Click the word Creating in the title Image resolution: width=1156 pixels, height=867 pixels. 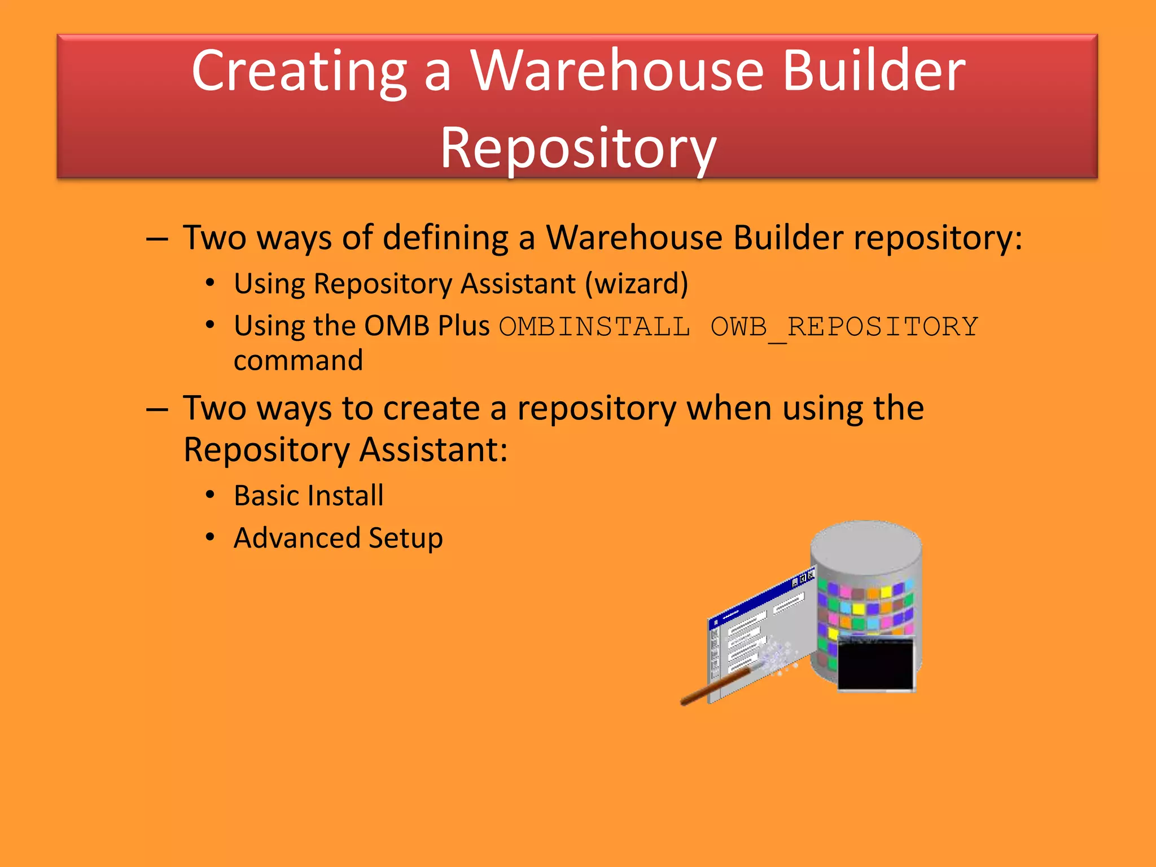click(299, 72)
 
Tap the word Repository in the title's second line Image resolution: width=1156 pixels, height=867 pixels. click(578, 148)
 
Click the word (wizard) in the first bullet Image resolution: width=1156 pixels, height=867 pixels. click(637, 283)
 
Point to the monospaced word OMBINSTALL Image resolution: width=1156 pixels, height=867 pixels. click(594, 327)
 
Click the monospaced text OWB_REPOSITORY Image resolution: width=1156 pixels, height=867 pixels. click(844, 327)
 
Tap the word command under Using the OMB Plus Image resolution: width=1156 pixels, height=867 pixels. click(298, 361)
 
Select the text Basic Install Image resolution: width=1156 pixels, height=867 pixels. click(309, 496)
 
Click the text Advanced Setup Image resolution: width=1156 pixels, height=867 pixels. click(338, 538)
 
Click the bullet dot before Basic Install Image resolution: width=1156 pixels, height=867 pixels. click(210, 495)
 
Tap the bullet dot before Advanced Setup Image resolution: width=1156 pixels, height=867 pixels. click(210, 537)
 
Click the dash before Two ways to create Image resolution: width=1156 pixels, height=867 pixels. click(157, 409)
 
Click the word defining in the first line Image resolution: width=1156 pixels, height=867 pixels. click(445, 238)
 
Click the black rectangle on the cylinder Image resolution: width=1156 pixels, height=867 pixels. click(875, 664)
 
